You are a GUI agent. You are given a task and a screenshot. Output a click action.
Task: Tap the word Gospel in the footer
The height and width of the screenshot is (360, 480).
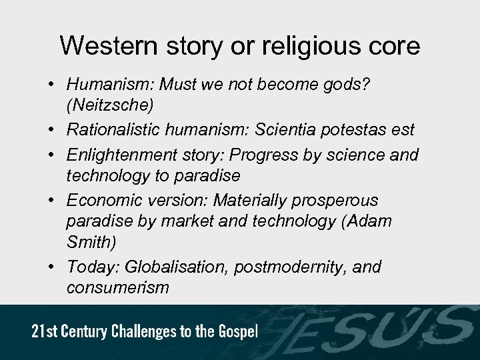(239, 333)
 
